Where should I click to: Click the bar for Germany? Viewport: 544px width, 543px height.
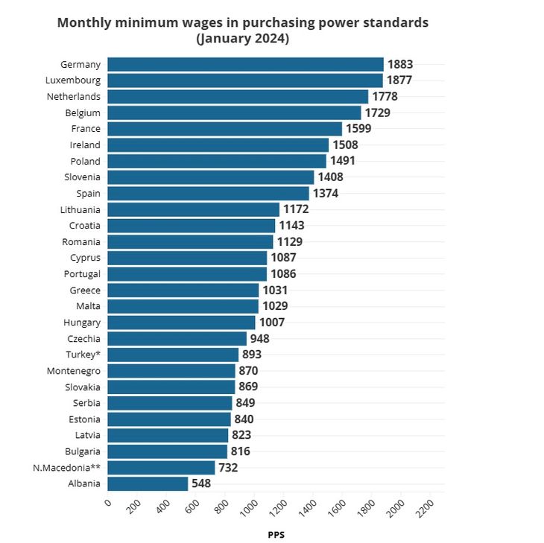click(245, 65)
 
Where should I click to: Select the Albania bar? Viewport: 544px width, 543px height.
click(148, 483)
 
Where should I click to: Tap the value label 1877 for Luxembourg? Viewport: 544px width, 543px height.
click(399, 80)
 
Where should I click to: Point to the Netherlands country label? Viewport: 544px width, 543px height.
click(73, 97)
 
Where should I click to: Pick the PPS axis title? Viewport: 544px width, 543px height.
click(276, 534)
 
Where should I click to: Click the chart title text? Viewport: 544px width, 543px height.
click(243, 31)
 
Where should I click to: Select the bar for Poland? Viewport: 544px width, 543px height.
click(217, 161)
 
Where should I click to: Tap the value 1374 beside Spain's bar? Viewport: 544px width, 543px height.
click(326, 194)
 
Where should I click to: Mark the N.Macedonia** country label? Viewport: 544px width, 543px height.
click(66, 468)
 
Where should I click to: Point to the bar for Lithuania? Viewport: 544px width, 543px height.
click(193, 210)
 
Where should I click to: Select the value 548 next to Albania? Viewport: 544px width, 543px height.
click(201, 483)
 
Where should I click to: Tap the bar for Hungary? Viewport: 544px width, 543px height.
click(181, 323)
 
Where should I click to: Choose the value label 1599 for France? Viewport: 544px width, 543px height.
click(358, 129)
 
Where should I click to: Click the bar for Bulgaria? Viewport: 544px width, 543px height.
click(167, 451)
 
